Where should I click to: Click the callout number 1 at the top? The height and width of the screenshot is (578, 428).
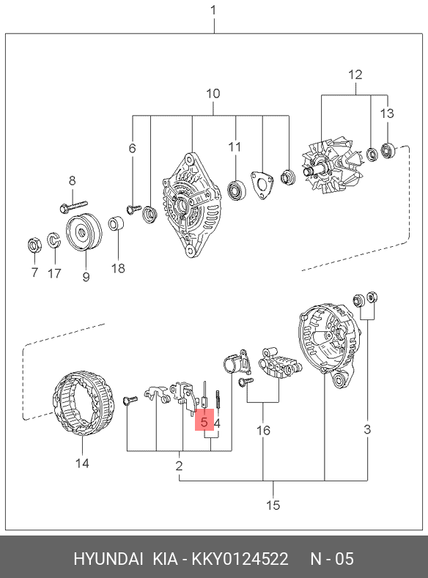pyautogui.click(x=213, y=10)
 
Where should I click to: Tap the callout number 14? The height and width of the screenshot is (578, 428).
pyautogui.click(x=82, y=463)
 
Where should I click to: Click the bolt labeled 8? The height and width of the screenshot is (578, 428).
pyautogui.click(x=73, y=206)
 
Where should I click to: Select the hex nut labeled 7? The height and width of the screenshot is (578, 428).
pyautogui.click(x=34, y=245)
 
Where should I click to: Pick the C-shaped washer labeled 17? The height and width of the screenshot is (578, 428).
pyautogui.click(x=53, y=240)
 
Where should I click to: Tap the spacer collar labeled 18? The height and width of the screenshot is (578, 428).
pyautogui.click(x=116, y=223)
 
